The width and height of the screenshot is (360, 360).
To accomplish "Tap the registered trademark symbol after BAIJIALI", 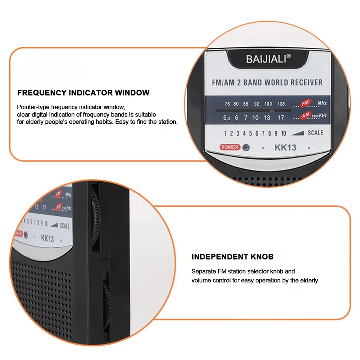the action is [x=289, y=56].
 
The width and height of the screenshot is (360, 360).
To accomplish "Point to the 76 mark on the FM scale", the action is [x=227, y=104].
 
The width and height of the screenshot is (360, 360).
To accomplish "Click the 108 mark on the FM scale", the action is [x=281, y=104].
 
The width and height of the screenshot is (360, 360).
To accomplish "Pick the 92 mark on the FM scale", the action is [x=256, y=104].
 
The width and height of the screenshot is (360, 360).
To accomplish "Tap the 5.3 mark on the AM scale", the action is [x=227, y=118].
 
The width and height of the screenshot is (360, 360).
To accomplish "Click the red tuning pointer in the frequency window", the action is [x=272, y=111].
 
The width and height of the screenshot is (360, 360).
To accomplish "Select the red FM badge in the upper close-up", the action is [x=306, y=103].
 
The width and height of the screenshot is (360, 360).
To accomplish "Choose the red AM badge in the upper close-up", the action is [x=306, y=115].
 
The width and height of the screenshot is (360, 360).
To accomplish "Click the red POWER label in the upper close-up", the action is [x=230, y=147].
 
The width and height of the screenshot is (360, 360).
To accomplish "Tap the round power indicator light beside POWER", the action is [x=246, y=147].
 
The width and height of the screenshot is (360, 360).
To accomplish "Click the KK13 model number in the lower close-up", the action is [x=47, y=238].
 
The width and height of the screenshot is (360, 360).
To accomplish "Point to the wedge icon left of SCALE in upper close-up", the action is [x=298, y=133].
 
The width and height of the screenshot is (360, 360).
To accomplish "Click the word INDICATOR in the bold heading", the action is [x=91, y=93].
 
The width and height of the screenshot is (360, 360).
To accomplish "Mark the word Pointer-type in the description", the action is [x=33, y=107].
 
